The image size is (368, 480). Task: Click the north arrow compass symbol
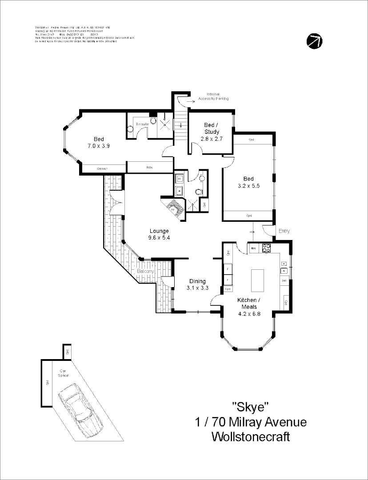[315, 41]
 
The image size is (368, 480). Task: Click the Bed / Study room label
[212, 128]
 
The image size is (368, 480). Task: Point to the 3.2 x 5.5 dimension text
[248, 186]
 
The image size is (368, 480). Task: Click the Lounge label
[159, 231]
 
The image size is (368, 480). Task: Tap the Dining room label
[197, 281]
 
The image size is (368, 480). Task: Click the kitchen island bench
[257, 280]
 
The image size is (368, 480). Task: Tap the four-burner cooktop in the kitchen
[266, 248]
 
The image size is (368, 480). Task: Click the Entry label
[284, 231]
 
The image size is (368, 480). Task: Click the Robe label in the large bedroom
[149, 167]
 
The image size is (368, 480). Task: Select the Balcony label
[145, 271]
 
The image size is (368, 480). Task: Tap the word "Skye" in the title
[251, 406]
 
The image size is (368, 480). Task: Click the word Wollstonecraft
[251, 436]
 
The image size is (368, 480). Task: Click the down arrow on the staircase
[181, 125]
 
